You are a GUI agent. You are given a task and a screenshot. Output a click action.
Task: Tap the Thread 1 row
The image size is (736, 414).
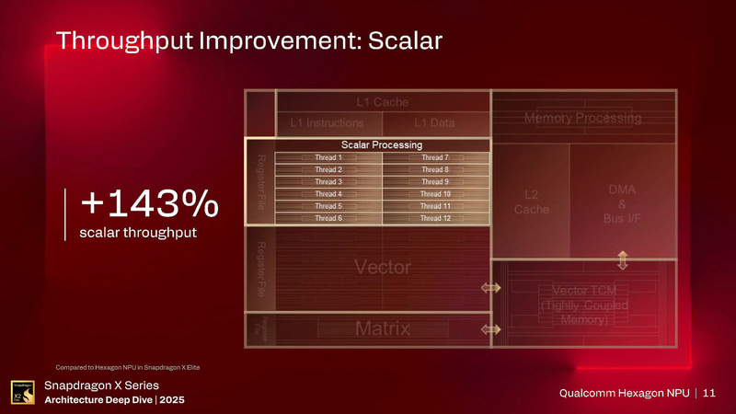click(328, 158)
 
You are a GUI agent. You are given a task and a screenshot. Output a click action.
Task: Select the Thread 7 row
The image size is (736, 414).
click(434, 158)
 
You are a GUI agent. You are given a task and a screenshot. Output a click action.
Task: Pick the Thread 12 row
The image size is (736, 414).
click(434, 218)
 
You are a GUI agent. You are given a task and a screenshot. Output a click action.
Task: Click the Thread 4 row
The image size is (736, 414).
click(328, 194)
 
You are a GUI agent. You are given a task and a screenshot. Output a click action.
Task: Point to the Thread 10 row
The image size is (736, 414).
click(434, 194)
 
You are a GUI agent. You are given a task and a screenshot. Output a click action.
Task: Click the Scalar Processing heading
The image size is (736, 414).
click(381, 144)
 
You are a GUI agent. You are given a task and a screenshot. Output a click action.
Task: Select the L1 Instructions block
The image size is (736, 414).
click(327, 122)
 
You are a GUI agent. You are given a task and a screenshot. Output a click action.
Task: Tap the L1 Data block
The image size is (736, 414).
click(434, 122)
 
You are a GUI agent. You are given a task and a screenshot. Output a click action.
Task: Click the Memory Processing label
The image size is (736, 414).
click(582, 118)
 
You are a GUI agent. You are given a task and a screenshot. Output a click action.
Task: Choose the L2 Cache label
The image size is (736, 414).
click(531, 202)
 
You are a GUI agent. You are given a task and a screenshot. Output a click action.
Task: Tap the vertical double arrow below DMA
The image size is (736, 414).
click(623, 259)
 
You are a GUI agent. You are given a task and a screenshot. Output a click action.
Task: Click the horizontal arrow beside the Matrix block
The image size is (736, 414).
click(490, 328)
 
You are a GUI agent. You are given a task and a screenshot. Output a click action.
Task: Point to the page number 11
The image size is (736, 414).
click(708, 394)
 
